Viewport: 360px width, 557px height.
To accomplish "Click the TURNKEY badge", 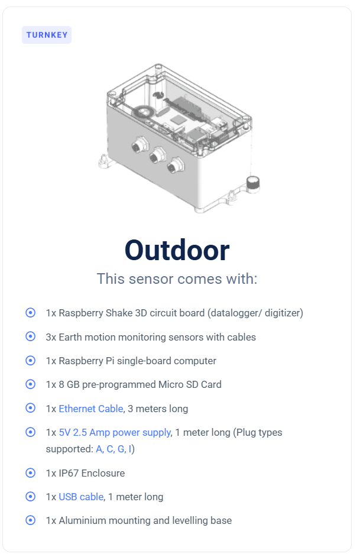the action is point(47,35).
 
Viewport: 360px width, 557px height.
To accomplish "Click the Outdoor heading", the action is point(177,251).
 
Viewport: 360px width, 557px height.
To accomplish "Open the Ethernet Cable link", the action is point(91,409).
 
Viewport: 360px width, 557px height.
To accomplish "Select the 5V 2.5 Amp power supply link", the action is point(115,432).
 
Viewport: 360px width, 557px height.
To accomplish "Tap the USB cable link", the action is point(82,497).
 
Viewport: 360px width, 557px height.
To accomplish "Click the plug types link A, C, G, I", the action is point(113,449).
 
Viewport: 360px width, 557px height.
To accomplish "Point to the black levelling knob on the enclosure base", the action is point(253,183).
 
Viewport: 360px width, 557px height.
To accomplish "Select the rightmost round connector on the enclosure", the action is point(176,165).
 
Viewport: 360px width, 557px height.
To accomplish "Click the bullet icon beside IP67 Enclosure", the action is point(31,473).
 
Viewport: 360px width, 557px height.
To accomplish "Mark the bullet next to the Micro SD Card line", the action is point(31,384).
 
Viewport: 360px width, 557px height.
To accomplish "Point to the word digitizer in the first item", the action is point(283,313).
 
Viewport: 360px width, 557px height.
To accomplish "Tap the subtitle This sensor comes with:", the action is point(177,279).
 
